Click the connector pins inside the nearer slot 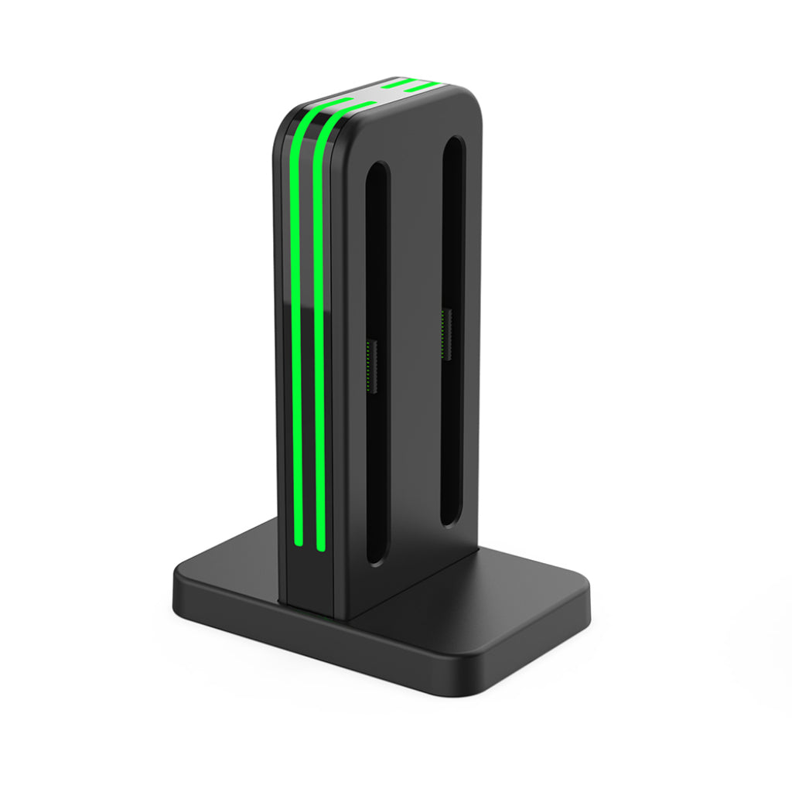pyautogui.click(x=370, y=364)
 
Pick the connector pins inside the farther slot pyautogui.click(x=445, y=333)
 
